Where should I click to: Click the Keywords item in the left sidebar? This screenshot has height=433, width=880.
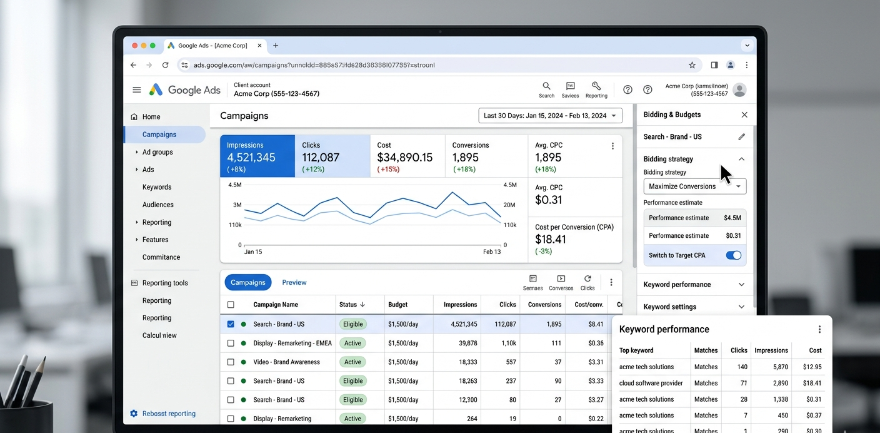coord(157,187)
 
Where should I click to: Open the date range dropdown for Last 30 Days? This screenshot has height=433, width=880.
coord(550,116)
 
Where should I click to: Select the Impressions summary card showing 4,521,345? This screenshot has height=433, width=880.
coord(257,156)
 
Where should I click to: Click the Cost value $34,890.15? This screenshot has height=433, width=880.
coord(404,157)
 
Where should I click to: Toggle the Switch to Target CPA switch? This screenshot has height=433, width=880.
coord(734,255)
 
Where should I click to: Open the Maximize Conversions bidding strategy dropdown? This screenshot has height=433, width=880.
coord(694,186)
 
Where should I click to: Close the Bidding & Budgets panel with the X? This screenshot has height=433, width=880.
coord(744,115)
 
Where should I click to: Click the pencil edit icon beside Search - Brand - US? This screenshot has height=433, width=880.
coord(741,137)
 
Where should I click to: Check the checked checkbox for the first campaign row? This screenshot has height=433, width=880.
coord(231,324)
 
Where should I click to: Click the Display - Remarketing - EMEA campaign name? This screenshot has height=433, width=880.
coord(292,343)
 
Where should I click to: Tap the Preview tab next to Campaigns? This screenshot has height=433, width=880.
coord(294,282)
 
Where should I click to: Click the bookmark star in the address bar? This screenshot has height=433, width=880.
coord(692,65)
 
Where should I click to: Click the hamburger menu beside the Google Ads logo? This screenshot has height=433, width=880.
coord(137,90)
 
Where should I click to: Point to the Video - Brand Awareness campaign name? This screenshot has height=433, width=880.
coord(286,362)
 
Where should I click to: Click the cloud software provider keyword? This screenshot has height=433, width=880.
coord(651,383)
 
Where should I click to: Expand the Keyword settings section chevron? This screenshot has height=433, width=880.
coord(741,307)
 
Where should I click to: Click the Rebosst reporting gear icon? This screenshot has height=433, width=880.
coord(134,414)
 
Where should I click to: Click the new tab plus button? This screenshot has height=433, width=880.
coord(276,46)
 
